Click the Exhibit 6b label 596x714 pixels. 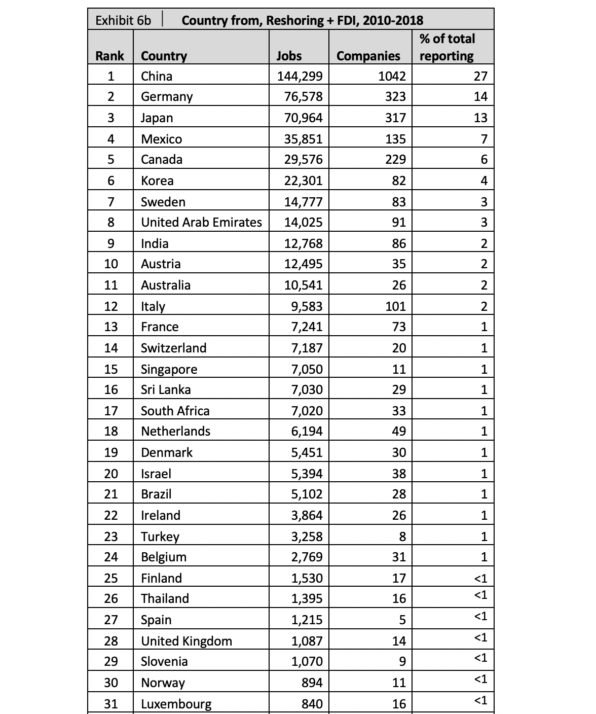point(123,20)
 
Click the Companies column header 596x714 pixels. point(368,56)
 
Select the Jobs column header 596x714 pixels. point(289,56)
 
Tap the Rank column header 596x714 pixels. point(109,56)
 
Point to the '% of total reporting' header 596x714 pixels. point(447,47)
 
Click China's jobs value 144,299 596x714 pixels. point(300,76)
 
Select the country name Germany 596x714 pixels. point(167,96)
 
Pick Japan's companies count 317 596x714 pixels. point(395,118)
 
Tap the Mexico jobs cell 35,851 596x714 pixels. point(303,139)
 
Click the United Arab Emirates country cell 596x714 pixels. point(201,222)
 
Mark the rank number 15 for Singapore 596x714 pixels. point(111,369)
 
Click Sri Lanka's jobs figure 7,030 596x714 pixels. point(307,389)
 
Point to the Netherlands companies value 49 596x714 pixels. point(399,431)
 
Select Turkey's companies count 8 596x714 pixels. point(402,537)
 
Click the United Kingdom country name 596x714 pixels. point(186,641)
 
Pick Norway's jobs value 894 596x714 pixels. point(312,683)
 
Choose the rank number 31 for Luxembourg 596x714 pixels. point(111,704)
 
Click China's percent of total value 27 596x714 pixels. point(480,76)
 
